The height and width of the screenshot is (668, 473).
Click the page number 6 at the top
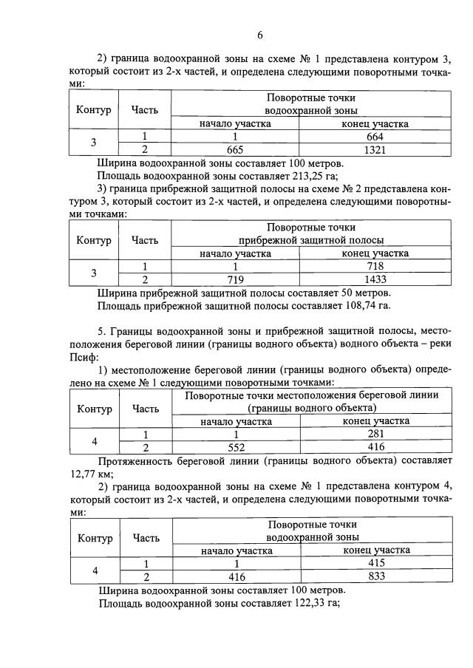259,35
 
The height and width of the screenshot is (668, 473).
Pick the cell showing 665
235,149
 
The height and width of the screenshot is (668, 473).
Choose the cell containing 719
235,279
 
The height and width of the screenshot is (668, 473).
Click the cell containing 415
376,564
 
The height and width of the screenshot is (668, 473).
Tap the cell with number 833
376,576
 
